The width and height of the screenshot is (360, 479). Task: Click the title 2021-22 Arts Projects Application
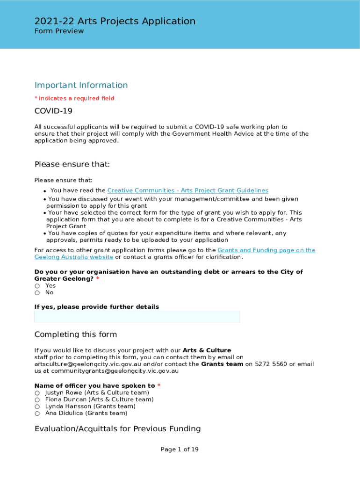tap(115, 21)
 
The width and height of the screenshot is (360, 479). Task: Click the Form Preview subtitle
tap(59, 31)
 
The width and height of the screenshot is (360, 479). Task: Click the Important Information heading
tap(81, 85)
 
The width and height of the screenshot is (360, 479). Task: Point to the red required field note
tap(74, 98)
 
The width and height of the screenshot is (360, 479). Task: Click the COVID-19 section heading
tap(53, 111)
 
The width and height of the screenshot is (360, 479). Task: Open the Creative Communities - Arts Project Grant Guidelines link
tap(187, 190)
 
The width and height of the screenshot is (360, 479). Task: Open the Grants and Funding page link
tap(266, 250)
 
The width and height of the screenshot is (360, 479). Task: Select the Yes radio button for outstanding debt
tap(37, 286)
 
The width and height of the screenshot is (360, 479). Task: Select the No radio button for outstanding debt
tap(37, 293)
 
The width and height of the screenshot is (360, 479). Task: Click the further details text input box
tap(137, 317)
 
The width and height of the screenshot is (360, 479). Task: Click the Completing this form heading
tap(75, 334)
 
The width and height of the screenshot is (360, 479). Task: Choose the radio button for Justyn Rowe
tap(37, 393)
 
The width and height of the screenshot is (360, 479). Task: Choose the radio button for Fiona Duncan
tap(37, 400)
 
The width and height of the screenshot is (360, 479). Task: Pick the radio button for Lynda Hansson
tap(37, 406)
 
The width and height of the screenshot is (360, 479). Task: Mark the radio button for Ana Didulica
tap(37, 414)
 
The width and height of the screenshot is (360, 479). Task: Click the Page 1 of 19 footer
tap(180, 450)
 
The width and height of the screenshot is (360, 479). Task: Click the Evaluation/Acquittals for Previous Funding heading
tap(117, 429)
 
